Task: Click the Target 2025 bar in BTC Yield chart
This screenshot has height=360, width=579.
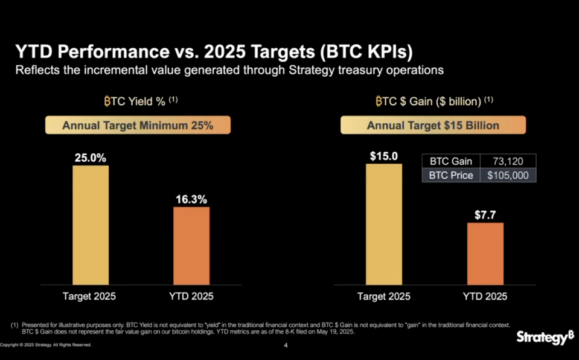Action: coord(91,225)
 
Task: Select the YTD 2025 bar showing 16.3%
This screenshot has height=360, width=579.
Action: coord(191,245)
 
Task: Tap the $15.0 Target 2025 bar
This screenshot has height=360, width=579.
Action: coord(383,224)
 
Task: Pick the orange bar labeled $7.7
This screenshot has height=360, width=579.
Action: coord(485,254)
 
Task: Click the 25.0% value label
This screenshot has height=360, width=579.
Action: coord(90,158)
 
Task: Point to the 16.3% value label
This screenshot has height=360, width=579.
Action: coord(191,199)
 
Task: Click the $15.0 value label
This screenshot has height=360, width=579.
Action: coord(383,156)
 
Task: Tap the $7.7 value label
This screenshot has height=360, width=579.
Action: coord(485,215)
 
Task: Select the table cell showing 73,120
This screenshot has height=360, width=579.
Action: coord(508,161)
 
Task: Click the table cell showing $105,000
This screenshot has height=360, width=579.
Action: coord(508,175)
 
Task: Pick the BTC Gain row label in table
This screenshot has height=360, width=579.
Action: coord(451,161)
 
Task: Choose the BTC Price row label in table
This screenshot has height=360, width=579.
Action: coord(451,175)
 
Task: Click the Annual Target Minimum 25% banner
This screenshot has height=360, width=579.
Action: coord(138,126)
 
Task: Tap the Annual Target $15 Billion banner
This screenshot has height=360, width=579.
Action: coord(433,126)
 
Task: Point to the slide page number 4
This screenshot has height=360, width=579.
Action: coord(286,346)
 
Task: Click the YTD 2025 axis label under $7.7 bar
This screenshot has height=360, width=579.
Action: coord(485,297)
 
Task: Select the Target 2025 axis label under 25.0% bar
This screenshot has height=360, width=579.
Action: coord(89,297)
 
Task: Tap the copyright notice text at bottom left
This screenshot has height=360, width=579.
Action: coord(46,345)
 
